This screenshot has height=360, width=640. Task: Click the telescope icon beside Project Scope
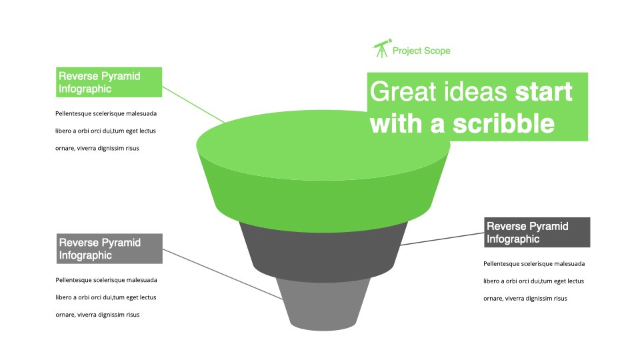(382, 49)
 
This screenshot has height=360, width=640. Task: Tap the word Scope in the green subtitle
(437, 51)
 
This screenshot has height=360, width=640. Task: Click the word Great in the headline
(403, 91)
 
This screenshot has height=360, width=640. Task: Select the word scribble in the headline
(504, 124)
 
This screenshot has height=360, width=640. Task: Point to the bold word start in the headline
(544, 92)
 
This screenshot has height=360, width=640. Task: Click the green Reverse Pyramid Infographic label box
(109, 82)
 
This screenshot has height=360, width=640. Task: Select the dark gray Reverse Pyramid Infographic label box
(537, 232)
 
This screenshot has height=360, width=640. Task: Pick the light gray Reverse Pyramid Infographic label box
(109, 249)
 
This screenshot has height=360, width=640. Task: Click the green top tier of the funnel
(323, 171)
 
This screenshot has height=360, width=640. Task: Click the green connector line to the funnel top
(193, 105)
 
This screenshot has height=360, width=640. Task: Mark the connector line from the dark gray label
(442, 239)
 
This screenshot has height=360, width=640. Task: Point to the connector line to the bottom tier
(223, 274)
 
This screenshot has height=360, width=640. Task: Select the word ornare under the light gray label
(65, 315)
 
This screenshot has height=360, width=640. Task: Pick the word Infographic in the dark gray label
(513, 239)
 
